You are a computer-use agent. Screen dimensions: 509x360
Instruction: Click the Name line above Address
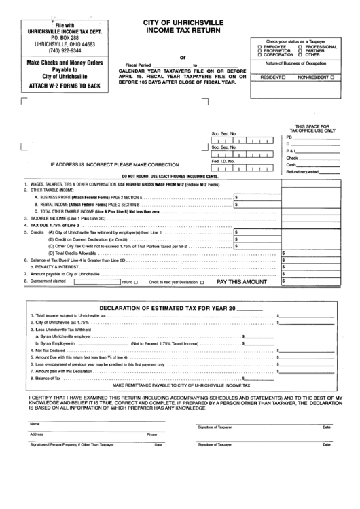(x=95, y=423)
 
